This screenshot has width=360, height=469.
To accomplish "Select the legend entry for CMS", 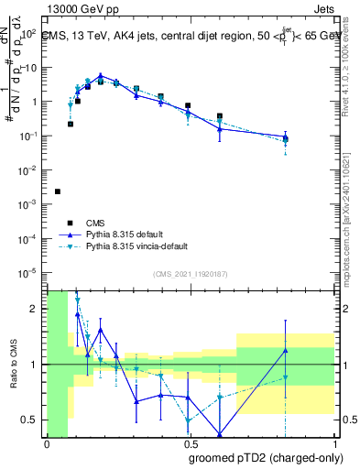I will tap(95, 223).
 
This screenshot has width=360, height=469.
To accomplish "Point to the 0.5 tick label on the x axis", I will tap(190, 444).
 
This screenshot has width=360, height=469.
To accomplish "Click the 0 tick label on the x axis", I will tap(47, 444).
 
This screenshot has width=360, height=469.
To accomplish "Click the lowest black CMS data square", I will tap(58, 191).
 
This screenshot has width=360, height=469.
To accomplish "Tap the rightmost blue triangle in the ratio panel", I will tap(286, 351).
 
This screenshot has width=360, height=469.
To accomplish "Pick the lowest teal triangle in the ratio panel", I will tap(188, 420).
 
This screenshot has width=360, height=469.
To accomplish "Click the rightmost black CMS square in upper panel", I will tap(286, 138).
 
